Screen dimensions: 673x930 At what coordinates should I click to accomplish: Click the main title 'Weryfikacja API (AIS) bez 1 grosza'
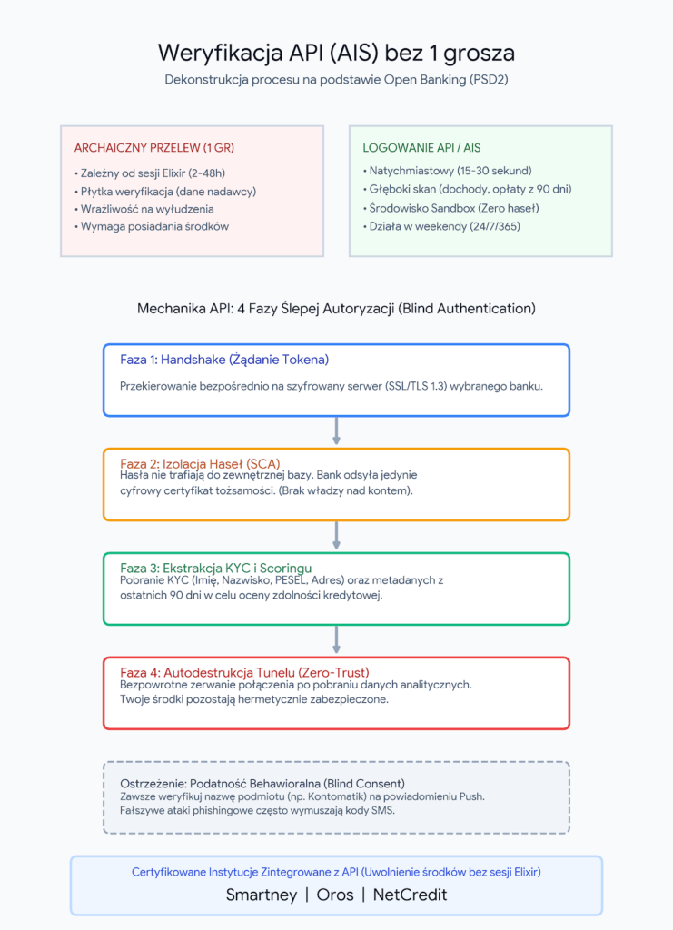(x=336, y=54)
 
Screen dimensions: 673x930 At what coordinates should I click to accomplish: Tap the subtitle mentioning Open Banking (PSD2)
(x=336, y=80)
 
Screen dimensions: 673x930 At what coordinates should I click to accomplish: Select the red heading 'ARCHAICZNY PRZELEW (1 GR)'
(x=154, y=148)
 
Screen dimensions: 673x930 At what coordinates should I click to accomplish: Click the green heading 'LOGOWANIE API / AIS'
(x=421, y=148)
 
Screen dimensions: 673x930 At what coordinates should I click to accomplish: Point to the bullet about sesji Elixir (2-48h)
(x=150, y=173)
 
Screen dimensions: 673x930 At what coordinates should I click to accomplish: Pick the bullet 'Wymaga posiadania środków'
(x=151, y=226)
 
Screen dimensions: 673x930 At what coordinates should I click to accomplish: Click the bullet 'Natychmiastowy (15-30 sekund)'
(x=447, y=171)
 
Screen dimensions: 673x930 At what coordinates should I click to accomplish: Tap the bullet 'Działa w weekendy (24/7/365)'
(x=441, y=226)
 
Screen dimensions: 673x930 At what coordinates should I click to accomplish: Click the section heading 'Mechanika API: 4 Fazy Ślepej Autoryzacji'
(x=336, y=309)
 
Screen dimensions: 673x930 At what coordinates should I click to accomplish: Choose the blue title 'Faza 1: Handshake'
(x=224, y=360)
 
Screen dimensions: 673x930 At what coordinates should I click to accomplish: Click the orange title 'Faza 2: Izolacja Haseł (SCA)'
(x=200, y=463)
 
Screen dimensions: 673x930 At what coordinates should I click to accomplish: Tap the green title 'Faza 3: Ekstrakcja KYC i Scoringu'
(x=216, y=568)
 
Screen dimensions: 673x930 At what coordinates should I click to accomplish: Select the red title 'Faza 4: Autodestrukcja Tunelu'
(x=244, y=672)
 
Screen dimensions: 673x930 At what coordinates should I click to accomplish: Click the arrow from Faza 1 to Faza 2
(x=336, y=431)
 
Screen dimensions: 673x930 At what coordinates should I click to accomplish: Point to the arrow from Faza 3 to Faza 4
(x=336, y=640)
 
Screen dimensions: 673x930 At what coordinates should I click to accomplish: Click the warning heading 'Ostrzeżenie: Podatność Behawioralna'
(x=262, y=783)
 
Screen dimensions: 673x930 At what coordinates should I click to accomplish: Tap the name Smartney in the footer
(x=262, y=895)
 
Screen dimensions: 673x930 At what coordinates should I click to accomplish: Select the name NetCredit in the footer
(x=410, y=895)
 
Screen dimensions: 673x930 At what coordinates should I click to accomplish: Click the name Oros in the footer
(x=335, y=895)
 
